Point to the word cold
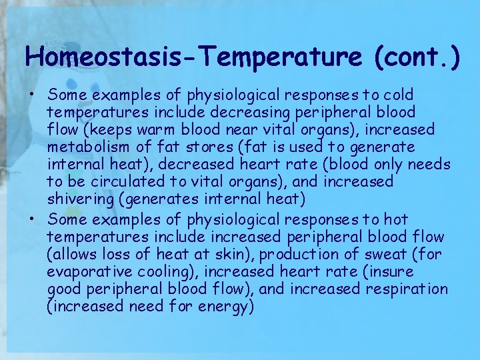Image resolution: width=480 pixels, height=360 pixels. (398, 95)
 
